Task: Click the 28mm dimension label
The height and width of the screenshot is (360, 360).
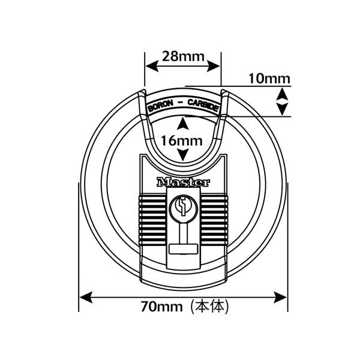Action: point(183,56)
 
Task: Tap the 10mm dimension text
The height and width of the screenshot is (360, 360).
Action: point(269,79)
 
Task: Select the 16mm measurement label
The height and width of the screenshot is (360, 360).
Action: point(182,141)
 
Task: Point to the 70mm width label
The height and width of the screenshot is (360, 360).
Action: point(161,306)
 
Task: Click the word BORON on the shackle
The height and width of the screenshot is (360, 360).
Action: point(161,106)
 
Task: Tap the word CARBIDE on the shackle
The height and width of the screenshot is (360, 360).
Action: point(203,105)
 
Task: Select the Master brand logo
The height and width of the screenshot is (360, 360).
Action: point(183,182)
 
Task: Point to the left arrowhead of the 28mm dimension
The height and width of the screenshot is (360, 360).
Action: point(152,67)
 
